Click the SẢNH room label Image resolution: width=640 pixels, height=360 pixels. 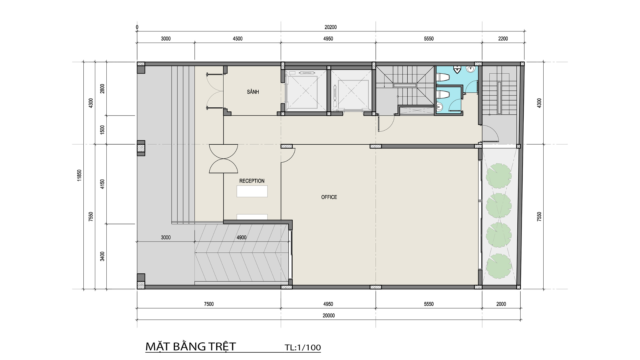[x=253, y=92]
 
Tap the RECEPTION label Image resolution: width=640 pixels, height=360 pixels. [x=252, y=181]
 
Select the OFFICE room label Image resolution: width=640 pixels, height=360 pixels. [x=329, y=197]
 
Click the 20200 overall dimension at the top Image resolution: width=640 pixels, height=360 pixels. [x=331, y=27]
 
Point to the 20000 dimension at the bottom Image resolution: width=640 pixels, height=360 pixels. [x=329, y=315]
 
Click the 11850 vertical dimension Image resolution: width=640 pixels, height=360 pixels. [x=79, y=175]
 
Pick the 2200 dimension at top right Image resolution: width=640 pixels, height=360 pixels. [x=503, y=39]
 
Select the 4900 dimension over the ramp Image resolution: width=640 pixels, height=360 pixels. [x=241, y=237]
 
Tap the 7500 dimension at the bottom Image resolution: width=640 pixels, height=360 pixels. [x=209, y=304]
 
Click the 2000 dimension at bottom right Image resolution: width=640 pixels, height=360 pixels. [x=501, y=304]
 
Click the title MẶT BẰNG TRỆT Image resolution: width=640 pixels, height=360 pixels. [x=191, y=347]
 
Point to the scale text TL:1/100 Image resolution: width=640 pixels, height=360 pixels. [x=303, y=348]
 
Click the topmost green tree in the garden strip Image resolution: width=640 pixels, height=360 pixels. [x=498, y=175]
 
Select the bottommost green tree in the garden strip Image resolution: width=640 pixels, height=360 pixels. [x=498, y=266]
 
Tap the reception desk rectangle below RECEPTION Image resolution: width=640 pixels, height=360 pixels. [x=252, y=191]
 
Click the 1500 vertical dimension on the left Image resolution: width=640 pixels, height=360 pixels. [x=102, y=130]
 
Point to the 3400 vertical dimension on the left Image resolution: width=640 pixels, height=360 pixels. [x=102, y=256]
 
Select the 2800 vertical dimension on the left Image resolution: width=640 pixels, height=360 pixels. [x=102, y=88]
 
